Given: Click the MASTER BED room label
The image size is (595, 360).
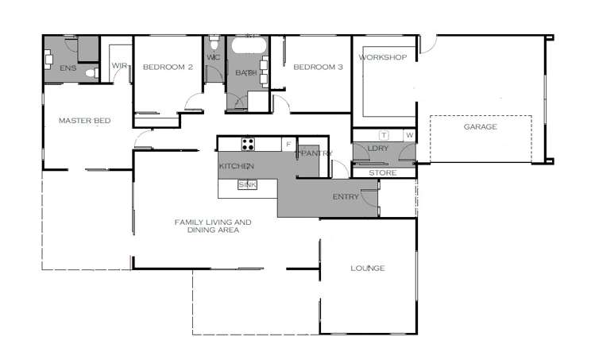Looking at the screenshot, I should (x=84, y=121).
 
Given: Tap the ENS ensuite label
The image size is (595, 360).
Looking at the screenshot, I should (x=68, y=68).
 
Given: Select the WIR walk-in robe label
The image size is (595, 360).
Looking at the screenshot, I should (x=120, y=66).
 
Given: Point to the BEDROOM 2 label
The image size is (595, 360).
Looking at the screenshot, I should (x=168, y=68).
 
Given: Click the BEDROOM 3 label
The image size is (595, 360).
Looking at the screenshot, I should (x=318, y=68).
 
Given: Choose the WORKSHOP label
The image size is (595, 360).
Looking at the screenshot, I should (x=382, y=58).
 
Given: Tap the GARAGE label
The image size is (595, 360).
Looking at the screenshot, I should (x=480, y=127).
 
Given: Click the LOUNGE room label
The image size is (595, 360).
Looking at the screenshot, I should (x=367, y=269).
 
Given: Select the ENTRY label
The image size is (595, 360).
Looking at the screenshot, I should (x=345, y=196).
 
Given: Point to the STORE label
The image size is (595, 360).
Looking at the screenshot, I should (x=382, y=172).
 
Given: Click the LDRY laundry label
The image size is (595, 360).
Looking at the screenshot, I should (x=377, y=149).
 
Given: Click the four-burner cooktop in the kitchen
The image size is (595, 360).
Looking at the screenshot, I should (x=248, y=144).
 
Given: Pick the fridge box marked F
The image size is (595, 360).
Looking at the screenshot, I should (x=288, y=144).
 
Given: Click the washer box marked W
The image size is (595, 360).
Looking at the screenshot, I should (x=410, y=136).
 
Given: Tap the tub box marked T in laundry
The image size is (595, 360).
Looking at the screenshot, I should (x=384, y=136).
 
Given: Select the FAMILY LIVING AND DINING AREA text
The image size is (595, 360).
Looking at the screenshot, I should (x=213, y=226).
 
